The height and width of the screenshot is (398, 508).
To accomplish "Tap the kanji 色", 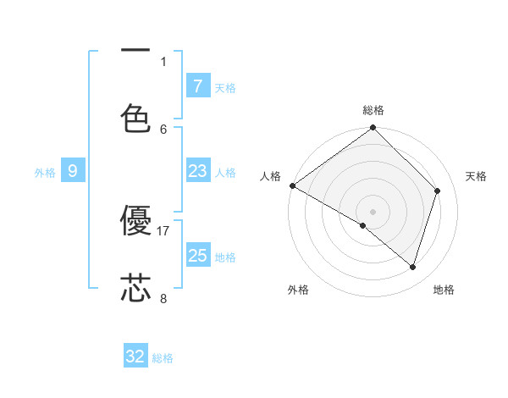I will coord(135,119).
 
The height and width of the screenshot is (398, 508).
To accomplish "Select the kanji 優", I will coord(135,222).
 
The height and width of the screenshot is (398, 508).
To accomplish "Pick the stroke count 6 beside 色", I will coord(163,129).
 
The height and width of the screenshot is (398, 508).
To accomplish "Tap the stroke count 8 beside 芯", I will coord(163,298).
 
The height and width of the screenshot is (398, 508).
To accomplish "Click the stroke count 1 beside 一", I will coord(163,61).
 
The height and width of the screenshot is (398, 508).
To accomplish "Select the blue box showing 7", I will coord(197,86).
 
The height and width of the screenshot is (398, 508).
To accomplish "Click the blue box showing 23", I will coord(197,172).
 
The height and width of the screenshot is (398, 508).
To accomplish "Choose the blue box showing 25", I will coord(197,256).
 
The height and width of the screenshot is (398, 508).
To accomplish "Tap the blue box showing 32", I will coord(135,357).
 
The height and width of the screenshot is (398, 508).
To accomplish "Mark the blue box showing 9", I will coord(73,172).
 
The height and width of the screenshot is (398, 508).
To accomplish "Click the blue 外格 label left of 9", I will coord(45,173).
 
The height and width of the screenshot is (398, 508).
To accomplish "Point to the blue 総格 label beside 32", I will coord(163,358).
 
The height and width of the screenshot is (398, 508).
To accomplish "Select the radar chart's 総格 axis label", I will coord(373,110).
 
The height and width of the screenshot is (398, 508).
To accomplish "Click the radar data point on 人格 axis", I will coord(292,185).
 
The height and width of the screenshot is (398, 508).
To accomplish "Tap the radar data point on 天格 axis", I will coord(438,191).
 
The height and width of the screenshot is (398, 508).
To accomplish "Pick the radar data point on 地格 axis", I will coord(412,267).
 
